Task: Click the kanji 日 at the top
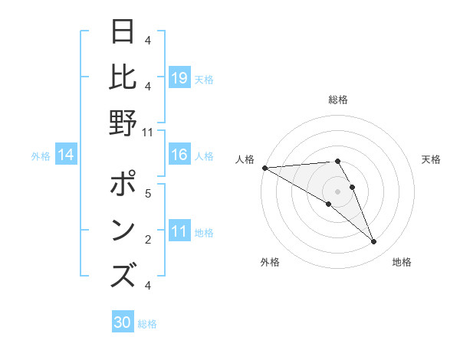click(x=123, y=34)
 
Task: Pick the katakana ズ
click(x=123, y=276)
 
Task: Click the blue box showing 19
click(x=179, y=78)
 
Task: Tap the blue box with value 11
click(x=179, y=231)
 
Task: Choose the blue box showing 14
click(x=66, y=155)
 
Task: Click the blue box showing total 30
click(x=123, y=322)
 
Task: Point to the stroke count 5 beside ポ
click(x=148, y=194)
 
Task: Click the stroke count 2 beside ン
click(x=148, y=240)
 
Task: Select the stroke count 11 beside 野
click(x=147, y=132)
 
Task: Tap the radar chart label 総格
click(x=337, y=100)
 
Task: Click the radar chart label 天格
click(x=431, y=159)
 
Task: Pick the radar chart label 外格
click(x=269, y=262)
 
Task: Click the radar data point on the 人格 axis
click(x=264, y=168)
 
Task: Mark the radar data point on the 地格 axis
click(x=373, y=242)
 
